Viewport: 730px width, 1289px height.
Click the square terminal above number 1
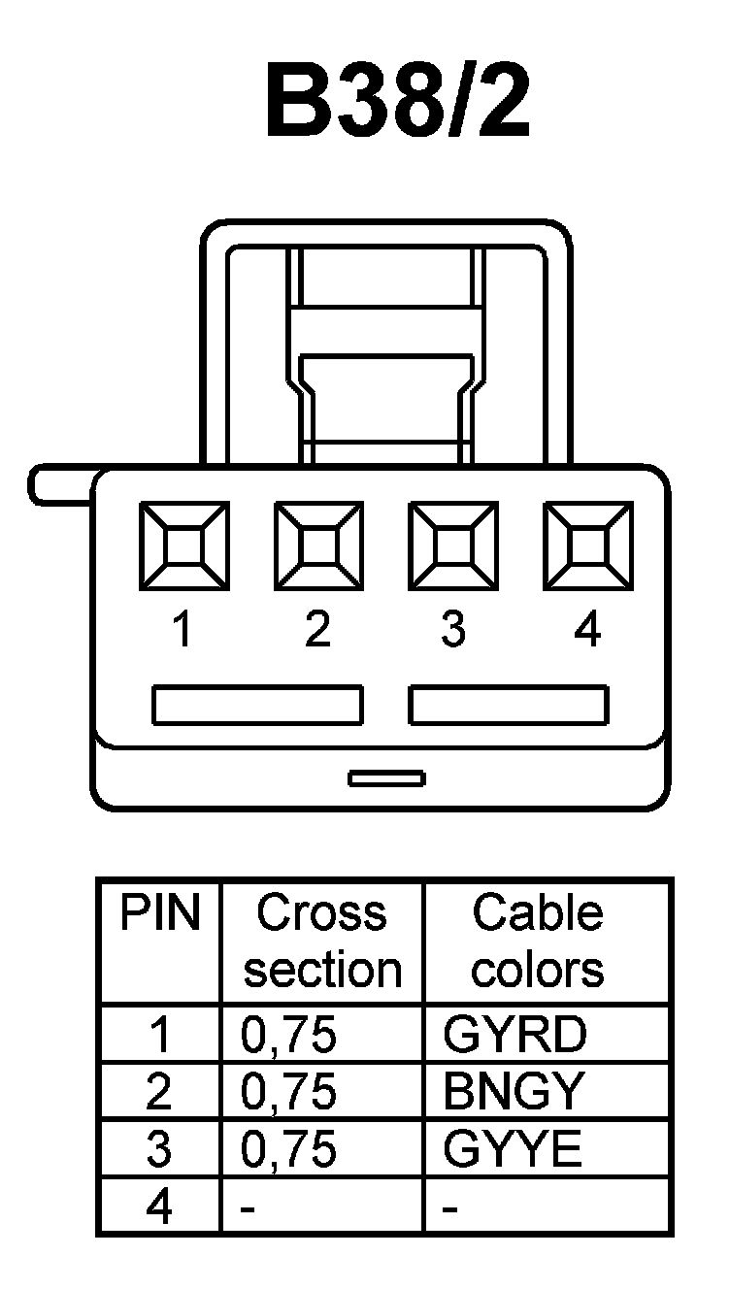coord(183,545)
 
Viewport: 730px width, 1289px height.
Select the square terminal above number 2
coord(318,545)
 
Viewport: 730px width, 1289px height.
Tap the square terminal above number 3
coord(452,545)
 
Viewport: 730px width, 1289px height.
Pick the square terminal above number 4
coord(587,545)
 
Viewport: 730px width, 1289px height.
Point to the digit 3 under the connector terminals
coord(452,630)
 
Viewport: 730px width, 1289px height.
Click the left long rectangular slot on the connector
coord(257,705)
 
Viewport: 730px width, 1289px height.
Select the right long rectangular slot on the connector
coord(509,705)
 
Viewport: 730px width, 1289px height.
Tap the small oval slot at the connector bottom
coord(386,778)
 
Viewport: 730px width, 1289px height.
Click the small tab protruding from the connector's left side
coord(60,484)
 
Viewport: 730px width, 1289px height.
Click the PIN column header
coord(159,914)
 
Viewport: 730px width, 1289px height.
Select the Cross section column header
coord(322,942)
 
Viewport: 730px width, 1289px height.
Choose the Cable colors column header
coord(537,942)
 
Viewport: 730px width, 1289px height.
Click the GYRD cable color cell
coord(514,1036)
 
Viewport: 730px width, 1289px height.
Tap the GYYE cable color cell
coord(513,1150)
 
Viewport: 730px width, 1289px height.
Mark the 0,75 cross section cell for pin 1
coord(288,1036)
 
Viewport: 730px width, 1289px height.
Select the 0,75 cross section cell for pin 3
coord(288,1150)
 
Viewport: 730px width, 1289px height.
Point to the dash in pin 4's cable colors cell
coord(449,1209)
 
